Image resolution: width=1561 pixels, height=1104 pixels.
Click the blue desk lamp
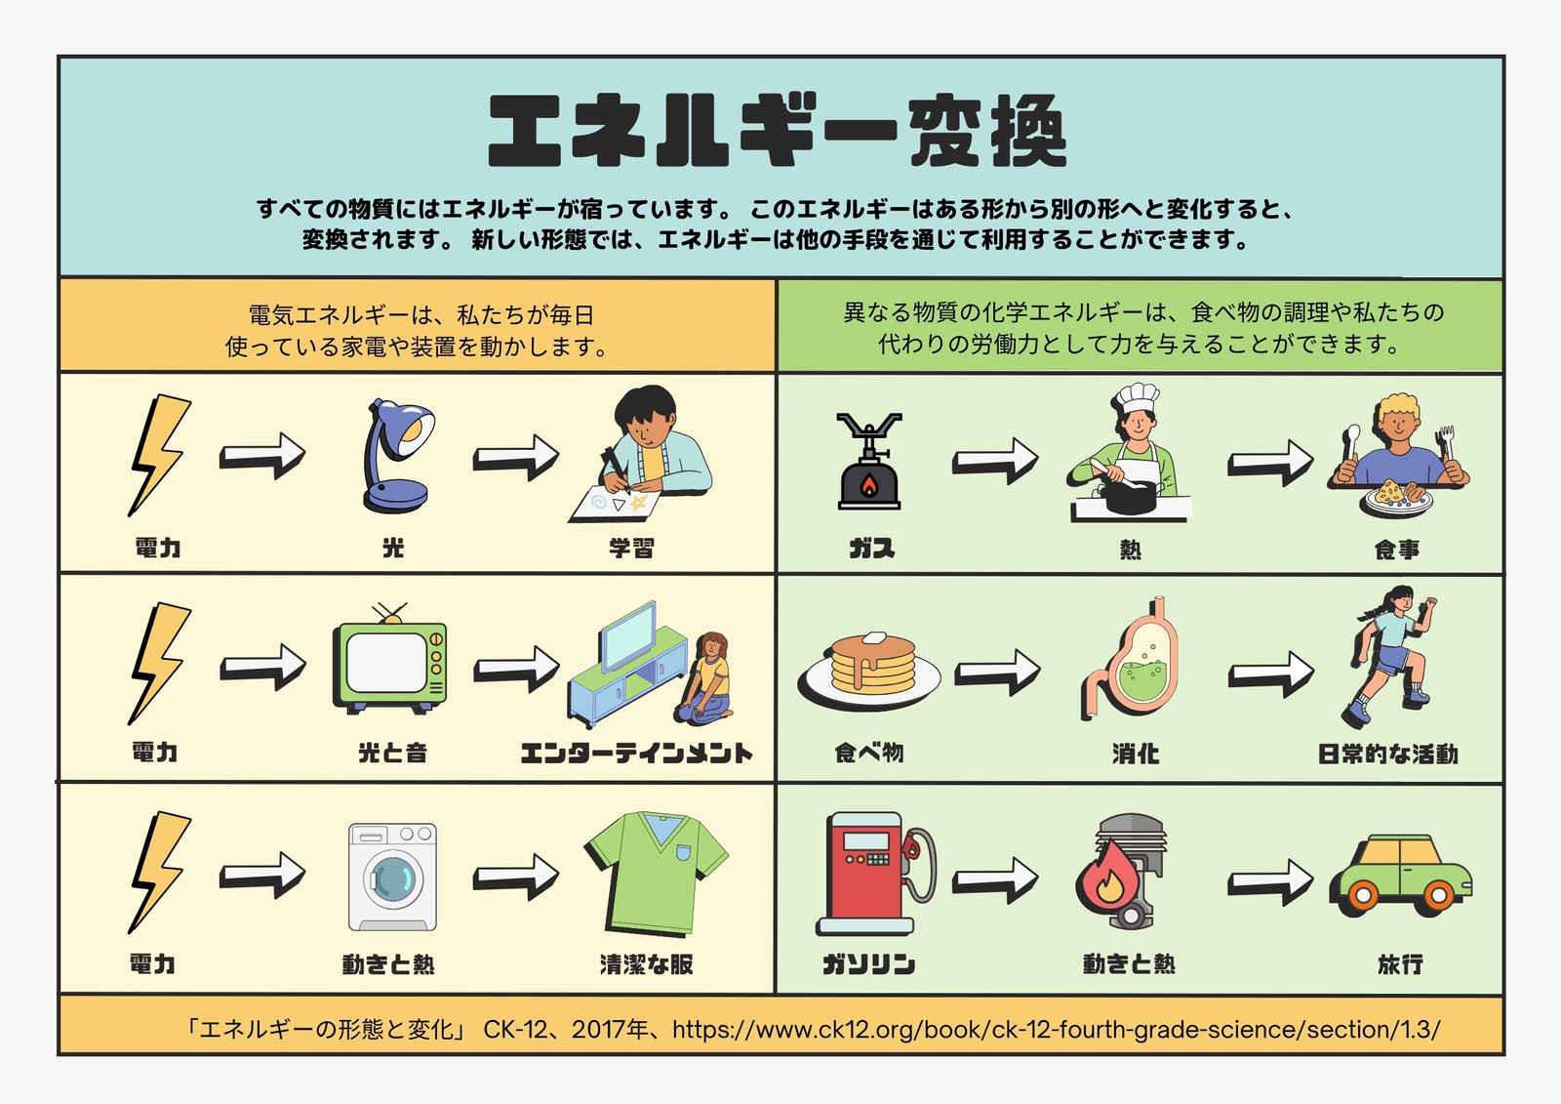pyautogui.click(x=395, y=457)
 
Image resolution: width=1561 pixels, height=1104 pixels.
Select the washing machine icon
pyautogui.click(x=393, y=877)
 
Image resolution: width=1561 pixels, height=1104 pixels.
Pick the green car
pyautogui.click(x=1401, y=877)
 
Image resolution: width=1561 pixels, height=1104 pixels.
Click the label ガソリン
pyautogui.click(x=868, y=964)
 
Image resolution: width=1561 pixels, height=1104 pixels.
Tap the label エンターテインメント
pyautogui.click(x=636, y=754)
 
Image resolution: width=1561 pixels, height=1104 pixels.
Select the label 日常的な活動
pyautogui.click(x=1387, y=754)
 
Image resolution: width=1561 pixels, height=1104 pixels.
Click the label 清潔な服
pyautogui.click(x=647, y=964)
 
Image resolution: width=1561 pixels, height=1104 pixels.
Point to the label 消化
pyautogui.click(x=1136, y=754)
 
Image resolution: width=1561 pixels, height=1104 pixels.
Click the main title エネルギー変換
pyautogui.click(x=778, y=131)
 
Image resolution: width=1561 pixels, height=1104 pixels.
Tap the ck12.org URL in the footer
pyautogui.click(x=1056, y=1030)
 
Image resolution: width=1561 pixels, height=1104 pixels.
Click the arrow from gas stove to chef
pyautogui.click(x=995, y=461)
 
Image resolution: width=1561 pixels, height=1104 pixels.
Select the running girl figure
pyautogui.click(x=1389, y=658)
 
